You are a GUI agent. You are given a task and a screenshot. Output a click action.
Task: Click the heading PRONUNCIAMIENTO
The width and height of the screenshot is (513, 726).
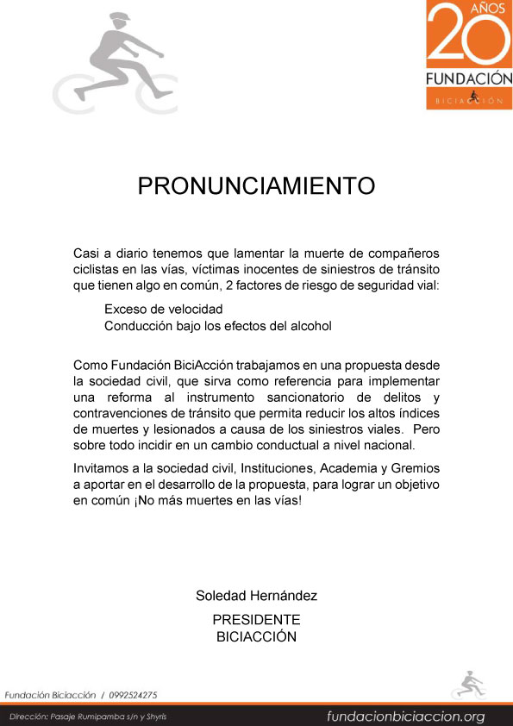click(x=256, y=186)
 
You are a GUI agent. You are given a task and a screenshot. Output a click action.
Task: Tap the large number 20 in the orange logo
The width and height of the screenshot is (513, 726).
click(x=469, y=40)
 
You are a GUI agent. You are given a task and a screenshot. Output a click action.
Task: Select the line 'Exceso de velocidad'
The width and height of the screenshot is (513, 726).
click(x=164, y=309)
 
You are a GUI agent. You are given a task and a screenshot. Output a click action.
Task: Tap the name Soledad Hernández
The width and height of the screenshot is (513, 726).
click(x=256, y=596)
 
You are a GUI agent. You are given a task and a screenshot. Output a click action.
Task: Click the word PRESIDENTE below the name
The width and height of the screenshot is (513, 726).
click(x=256, y=620)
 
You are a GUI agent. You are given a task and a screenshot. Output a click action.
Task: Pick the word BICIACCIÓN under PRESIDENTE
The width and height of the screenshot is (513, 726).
click(x=256, y=636)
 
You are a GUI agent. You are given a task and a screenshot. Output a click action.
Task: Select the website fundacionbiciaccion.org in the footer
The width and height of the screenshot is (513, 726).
click(x=405, y=717)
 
